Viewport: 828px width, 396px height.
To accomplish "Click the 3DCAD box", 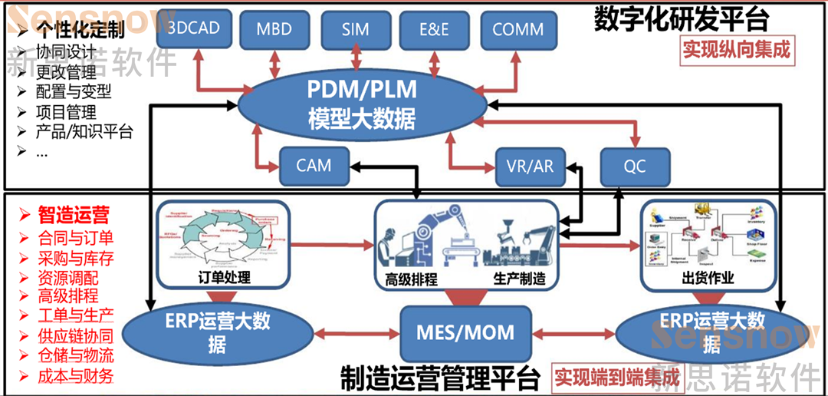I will coord(193,29).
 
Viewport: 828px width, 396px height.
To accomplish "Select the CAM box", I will coord(314,166).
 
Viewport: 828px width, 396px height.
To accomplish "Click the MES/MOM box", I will coord(465,333).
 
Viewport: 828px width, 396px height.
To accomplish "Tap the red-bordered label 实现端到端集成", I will coord(617,378).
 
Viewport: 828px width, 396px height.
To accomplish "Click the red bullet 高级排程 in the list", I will coord(68,295).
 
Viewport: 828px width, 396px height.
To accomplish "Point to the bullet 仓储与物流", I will coord(76,355).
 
